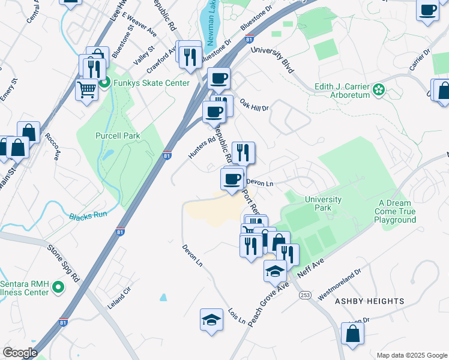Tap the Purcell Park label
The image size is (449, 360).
pyautogui.click(x=118, y=136)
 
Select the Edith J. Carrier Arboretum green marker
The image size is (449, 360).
pyautogui.click(x=379, y=91)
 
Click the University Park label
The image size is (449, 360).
pyautogui.click(x=323, y=204)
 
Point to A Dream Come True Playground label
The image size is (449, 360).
pyautogui.click(x=395, y=212)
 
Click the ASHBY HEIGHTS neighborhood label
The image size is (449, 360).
pyautogui.click(x=369, y=301)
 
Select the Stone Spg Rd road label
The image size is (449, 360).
pyautogui.click(x=64, y=263)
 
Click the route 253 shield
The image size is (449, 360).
pyautogui.click(x=306, y=295)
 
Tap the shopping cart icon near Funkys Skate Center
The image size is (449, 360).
pyautogui.click(x=87, y=90)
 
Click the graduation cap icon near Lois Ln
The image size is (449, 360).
pyautogui.click(x=211, y=320)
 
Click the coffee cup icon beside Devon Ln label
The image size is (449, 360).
pyautogui.click(x=232, y=178)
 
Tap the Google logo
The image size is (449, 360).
pyautogui.click(x=20, y=353)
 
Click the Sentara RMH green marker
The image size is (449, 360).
pyautogui.click(x=59, y=289)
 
